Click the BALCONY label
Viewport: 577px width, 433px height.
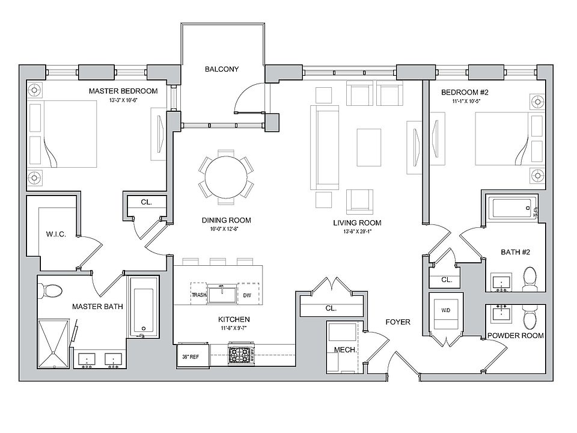(x=221, y=69)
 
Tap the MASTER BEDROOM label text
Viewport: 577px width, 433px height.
(x=123, y=91)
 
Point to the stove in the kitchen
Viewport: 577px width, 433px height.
(x=241, y=354)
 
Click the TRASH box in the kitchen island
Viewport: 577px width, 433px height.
(x=199, y=295)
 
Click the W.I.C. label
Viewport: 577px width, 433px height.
(x=55, y=234)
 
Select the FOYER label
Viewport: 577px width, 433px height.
(x=398, y=322)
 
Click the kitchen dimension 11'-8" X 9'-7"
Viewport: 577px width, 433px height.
(x=234, y=328)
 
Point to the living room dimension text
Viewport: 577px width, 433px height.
(x=357, y=232)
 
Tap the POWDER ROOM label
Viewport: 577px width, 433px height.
(x=516, y=336)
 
